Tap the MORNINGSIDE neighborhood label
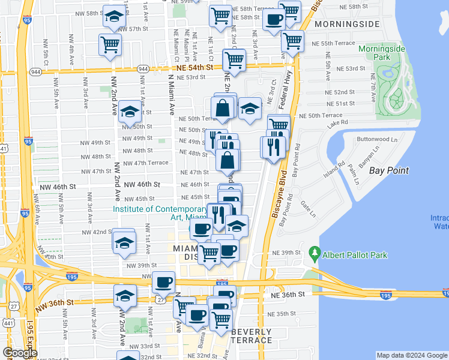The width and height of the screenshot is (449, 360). (x=348, y=24)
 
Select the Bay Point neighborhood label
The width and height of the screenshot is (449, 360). (x=388, y=170)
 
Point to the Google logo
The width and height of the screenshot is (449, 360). (x=20, y=353)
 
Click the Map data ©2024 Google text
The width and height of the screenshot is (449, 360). (x=411, y=355)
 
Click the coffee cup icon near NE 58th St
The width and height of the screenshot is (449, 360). (x=274, y=19)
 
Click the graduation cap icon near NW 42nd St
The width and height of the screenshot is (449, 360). (x=124, y=241)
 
